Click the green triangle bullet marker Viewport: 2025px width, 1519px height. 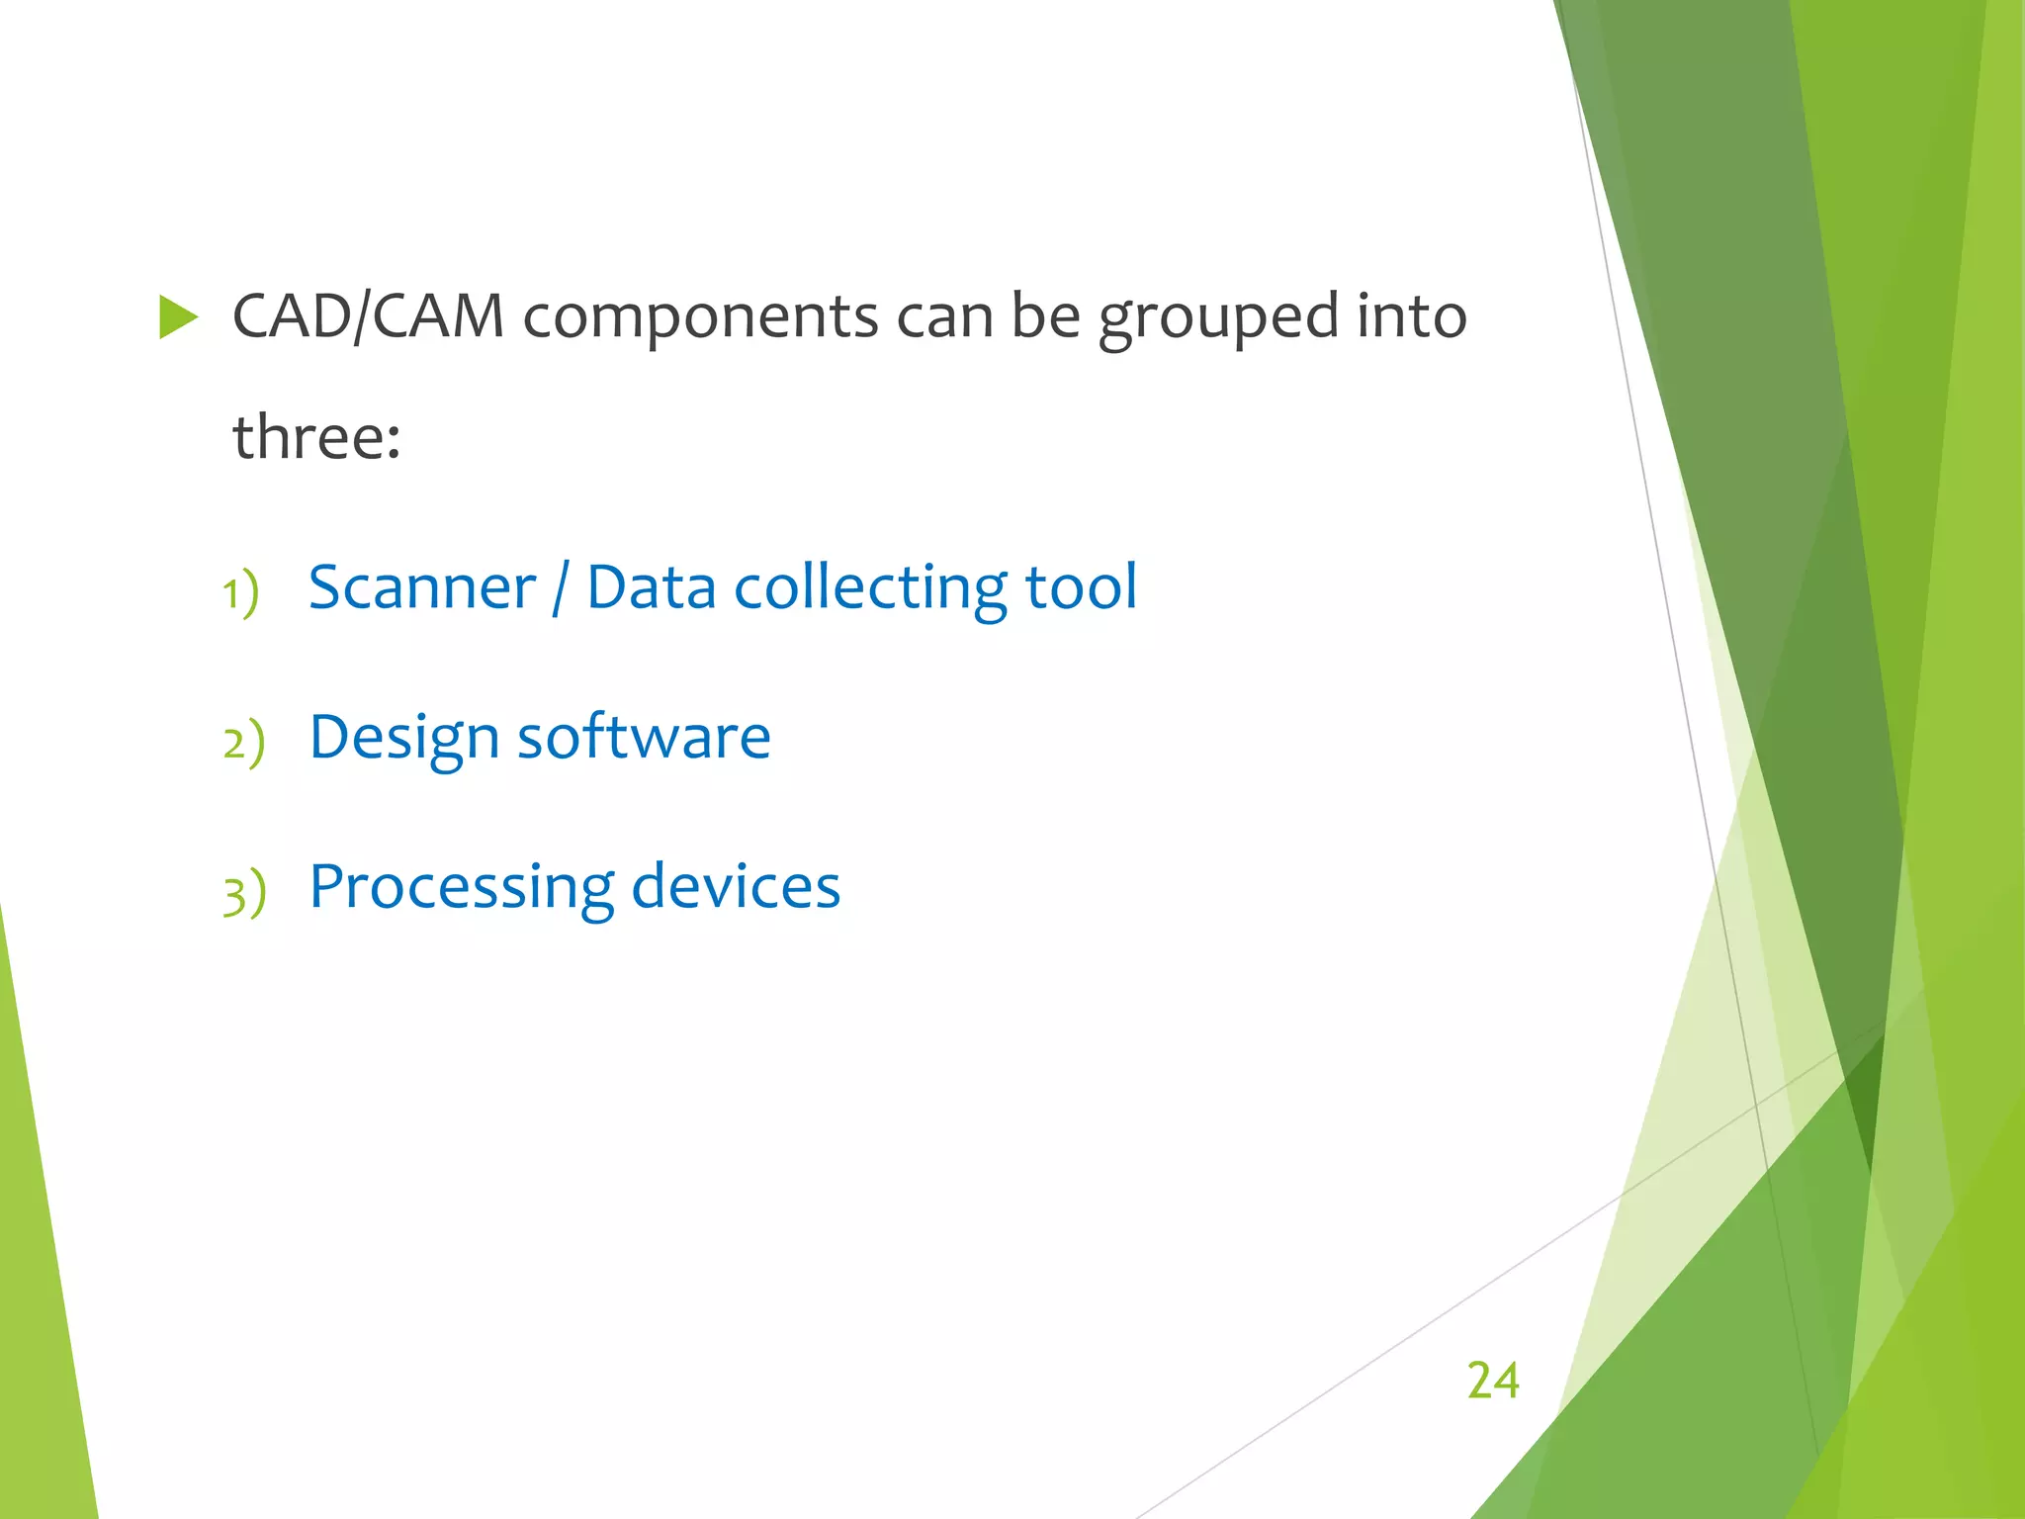[178, 318]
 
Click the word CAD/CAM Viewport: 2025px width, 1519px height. [368, 317]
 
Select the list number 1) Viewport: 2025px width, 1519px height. [240, 593]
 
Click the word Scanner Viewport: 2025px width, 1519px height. [422, 587]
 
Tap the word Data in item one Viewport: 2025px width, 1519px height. [651, 587]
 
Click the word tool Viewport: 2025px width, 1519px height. [1082, 587]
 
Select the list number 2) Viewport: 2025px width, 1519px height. [243, 743]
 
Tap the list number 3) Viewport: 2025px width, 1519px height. [244, 893]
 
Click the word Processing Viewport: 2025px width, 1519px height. [462, 889]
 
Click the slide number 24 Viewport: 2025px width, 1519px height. [1492, 1380]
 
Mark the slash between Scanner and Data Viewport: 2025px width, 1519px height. [561, 587]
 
